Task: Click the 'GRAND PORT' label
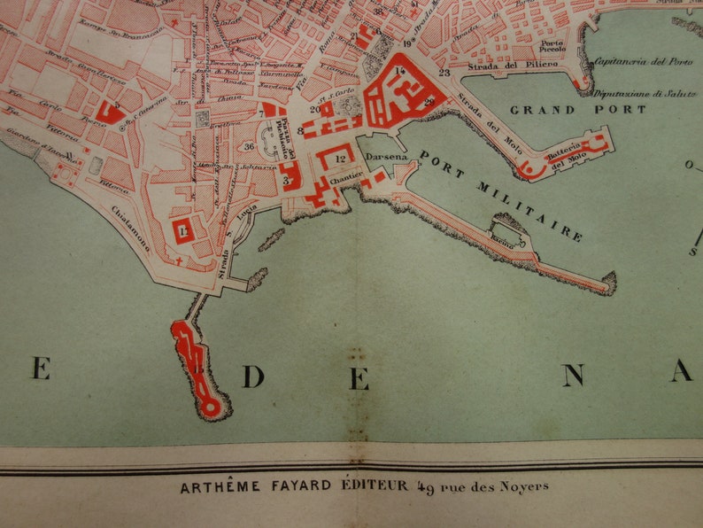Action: coord(578,110)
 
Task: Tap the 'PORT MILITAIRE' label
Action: coord(501,196)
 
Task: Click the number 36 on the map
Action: coord(250,147)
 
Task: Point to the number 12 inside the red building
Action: coord(342,159)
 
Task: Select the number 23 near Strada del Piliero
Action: coord(444,73)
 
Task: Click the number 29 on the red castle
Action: coord(429,103)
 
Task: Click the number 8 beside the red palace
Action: coord(301,132)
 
